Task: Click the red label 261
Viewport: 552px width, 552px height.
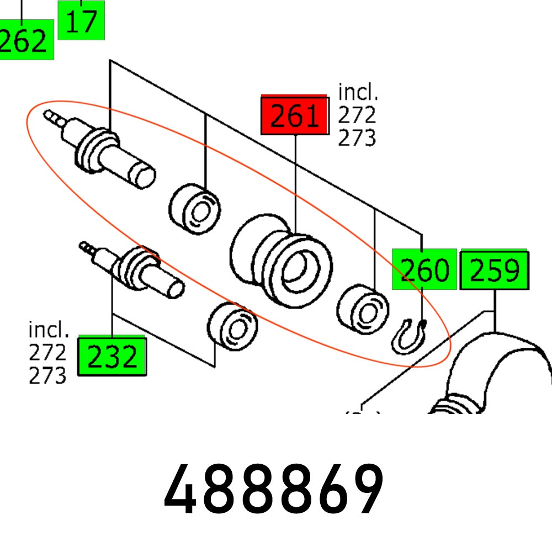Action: (294, 116)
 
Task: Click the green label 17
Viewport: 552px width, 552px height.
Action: (81, 20)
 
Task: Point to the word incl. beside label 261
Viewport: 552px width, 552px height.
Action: (358, 92)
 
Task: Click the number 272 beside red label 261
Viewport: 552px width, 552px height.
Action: (357, 115)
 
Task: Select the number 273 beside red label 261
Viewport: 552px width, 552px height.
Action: (357, 137)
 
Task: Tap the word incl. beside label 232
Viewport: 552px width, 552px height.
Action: (49, 330)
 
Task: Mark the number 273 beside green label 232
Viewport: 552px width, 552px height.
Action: (47, 375)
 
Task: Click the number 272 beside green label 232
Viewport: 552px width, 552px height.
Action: (47, 353)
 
